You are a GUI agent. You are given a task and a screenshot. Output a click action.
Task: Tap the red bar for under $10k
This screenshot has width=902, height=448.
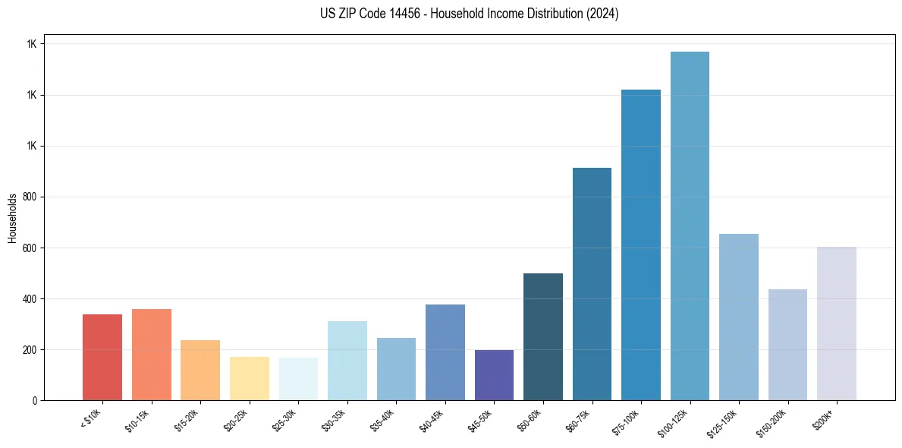point(102,357)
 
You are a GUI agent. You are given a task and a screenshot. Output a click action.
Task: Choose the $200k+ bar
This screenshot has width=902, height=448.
point(837,323)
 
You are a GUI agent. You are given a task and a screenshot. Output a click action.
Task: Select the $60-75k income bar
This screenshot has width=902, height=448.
point(592,284)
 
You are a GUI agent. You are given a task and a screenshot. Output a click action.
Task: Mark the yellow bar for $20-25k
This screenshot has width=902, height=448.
point(250,378)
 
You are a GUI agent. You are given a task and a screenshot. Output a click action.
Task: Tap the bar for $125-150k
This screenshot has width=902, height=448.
point(739,317)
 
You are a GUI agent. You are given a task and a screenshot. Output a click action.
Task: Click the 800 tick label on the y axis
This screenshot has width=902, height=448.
point(30,197)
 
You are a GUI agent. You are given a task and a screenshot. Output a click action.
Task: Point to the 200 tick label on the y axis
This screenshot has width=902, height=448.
point(30,350)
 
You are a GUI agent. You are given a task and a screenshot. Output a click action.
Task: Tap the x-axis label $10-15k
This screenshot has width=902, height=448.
point(139,420)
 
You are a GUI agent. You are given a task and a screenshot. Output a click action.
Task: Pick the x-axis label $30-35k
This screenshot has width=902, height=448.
point(335,420)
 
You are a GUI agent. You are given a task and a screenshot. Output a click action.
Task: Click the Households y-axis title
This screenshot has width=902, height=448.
point(12,217)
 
